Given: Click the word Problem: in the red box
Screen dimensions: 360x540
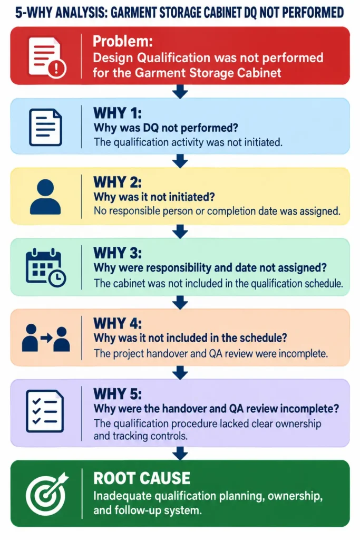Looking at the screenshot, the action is click(122, 41).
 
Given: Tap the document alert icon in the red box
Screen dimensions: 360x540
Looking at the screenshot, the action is click(47, 57).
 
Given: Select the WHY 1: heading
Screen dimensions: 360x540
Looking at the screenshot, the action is click(118, 113).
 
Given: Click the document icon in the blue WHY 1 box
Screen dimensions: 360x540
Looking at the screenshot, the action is click(45, 127).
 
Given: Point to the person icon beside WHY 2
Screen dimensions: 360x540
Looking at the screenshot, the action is click(45, 197).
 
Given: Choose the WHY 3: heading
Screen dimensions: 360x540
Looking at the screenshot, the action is click(118, 253).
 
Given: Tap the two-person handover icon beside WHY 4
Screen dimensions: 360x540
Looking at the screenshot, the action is click(46, 338).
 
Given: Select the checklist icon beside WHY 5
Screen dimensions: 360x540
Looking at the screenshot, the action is click(45, 411).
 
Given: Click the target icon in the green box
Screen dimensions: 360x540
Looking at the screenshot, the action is click(47, 494).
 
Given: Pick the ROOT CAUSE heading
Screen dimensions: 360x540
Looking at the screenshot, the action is click(141, 478).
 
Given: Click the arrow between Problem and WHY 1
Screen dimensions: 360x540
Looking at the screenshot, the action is click(180, 92).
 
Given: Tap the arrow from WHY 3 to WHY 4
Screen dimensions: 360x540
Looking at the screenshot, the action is click(180, 302).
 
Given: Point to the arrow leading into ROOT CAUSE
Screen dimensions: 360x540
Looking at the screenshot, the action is click(180, 454).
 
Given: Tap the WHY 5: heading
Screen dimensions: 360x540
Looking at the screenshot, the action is click(118, 393).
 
